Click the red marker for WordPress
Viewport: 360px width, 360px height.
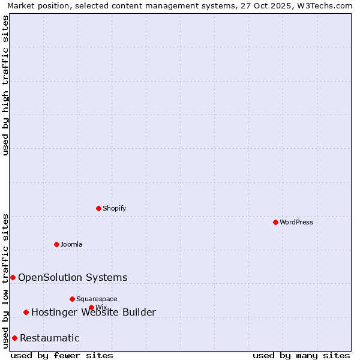click(x=275, y=222)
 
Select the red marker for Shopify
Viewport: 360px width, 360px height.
click(x=98, y=208)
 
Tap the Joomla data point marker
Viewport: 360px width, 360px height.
click(x=56, y=244)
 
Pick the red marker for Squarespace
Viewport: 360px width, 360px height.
click(x=72, y=299)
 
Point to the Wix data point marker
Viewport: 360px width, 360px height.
click(x=91, y=307)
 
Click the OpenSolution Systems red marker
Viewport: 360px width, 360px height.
click(x=13, y=277)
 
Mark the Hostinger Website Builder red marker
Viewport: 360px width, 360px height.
click(x=26, y=312)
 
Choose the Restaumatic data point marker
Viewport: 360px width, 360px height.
click(x=14, y=338)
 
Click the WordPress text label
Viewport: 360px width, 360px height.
click(x=296, y=222)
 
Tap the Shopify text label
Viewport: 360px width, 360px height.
click(x=114, y=208)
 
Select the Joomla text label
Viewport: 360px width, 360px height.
click(x=71, y=244)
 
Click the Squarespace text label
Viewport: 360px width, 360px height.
click(x=97, y=299)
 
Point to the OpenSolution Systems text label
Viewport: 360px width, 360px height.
click(x=73, y=277)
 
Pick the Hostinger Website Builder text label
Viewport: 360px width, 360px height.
click(x=93, y=312)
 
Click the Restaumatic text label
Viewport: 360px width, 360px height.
click(x=49, y=338)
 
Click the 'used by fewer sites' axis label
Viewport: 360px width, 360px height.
click(x=62, y=355)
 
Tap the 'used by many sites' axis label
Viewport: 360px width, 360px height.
click(x=301, y=355)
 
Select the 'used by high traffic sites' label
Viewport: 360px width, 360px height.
click(x=5, y=85)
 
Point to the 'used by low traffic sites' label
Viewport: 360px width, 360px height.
click(x=5, y=281)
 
